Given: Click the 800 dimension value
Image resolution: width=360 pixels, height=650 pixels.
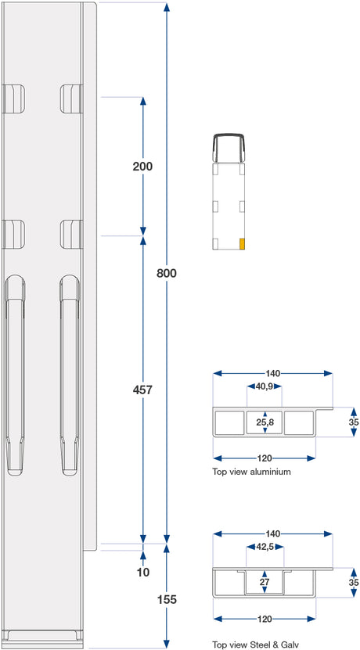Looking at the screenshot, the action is (167, 273).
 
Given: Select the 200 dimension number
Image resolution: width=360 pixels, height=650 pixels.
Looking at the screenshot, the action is (142, 167).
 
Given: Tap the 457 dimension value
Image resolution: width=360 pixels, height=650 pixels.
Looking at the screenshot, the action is (142, 390).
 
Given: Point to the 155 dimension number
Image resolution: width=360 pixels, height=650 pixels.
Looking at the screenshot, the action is (167, 599).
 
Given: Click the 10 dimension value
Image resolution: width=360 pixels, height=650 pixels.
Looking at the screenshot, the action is (142, 572).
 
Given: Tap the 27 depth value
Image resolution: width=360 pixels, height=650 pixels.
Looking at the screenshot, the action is (265, 582).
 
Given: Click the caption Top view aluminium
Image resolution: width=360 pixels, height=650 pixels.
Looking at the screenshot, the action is (251, 472).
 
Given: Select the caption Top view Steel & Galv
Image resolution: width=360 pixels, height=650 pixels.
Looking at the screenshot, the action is (255, 645).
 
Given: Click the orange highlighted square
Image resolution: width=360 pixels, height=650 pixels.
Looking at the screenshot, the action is (242, 244).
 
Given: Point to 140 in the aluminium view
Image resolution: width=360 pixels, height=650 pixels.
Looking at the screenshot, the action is (272, 372).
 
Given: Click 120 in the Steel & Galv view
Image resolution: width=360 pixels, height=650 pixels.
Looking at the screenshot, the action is (265, 619).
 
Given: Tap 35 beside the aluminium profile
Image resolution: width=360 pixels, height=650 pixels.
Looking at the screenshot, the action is (354, 422).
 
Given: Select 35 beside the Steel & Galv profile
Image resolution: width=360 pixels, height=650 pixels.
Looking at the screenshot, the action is (354, 582).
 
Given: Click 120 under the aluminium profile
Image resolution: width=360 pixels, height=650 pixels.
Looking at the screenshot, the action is (265, 458).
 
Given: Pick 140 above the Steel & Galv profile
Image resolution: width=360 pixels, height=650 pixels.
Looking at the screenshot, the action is (272, 533).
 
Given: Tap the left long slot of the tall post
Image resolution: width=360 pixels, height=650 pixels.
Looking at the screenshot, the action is (15, 375).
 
